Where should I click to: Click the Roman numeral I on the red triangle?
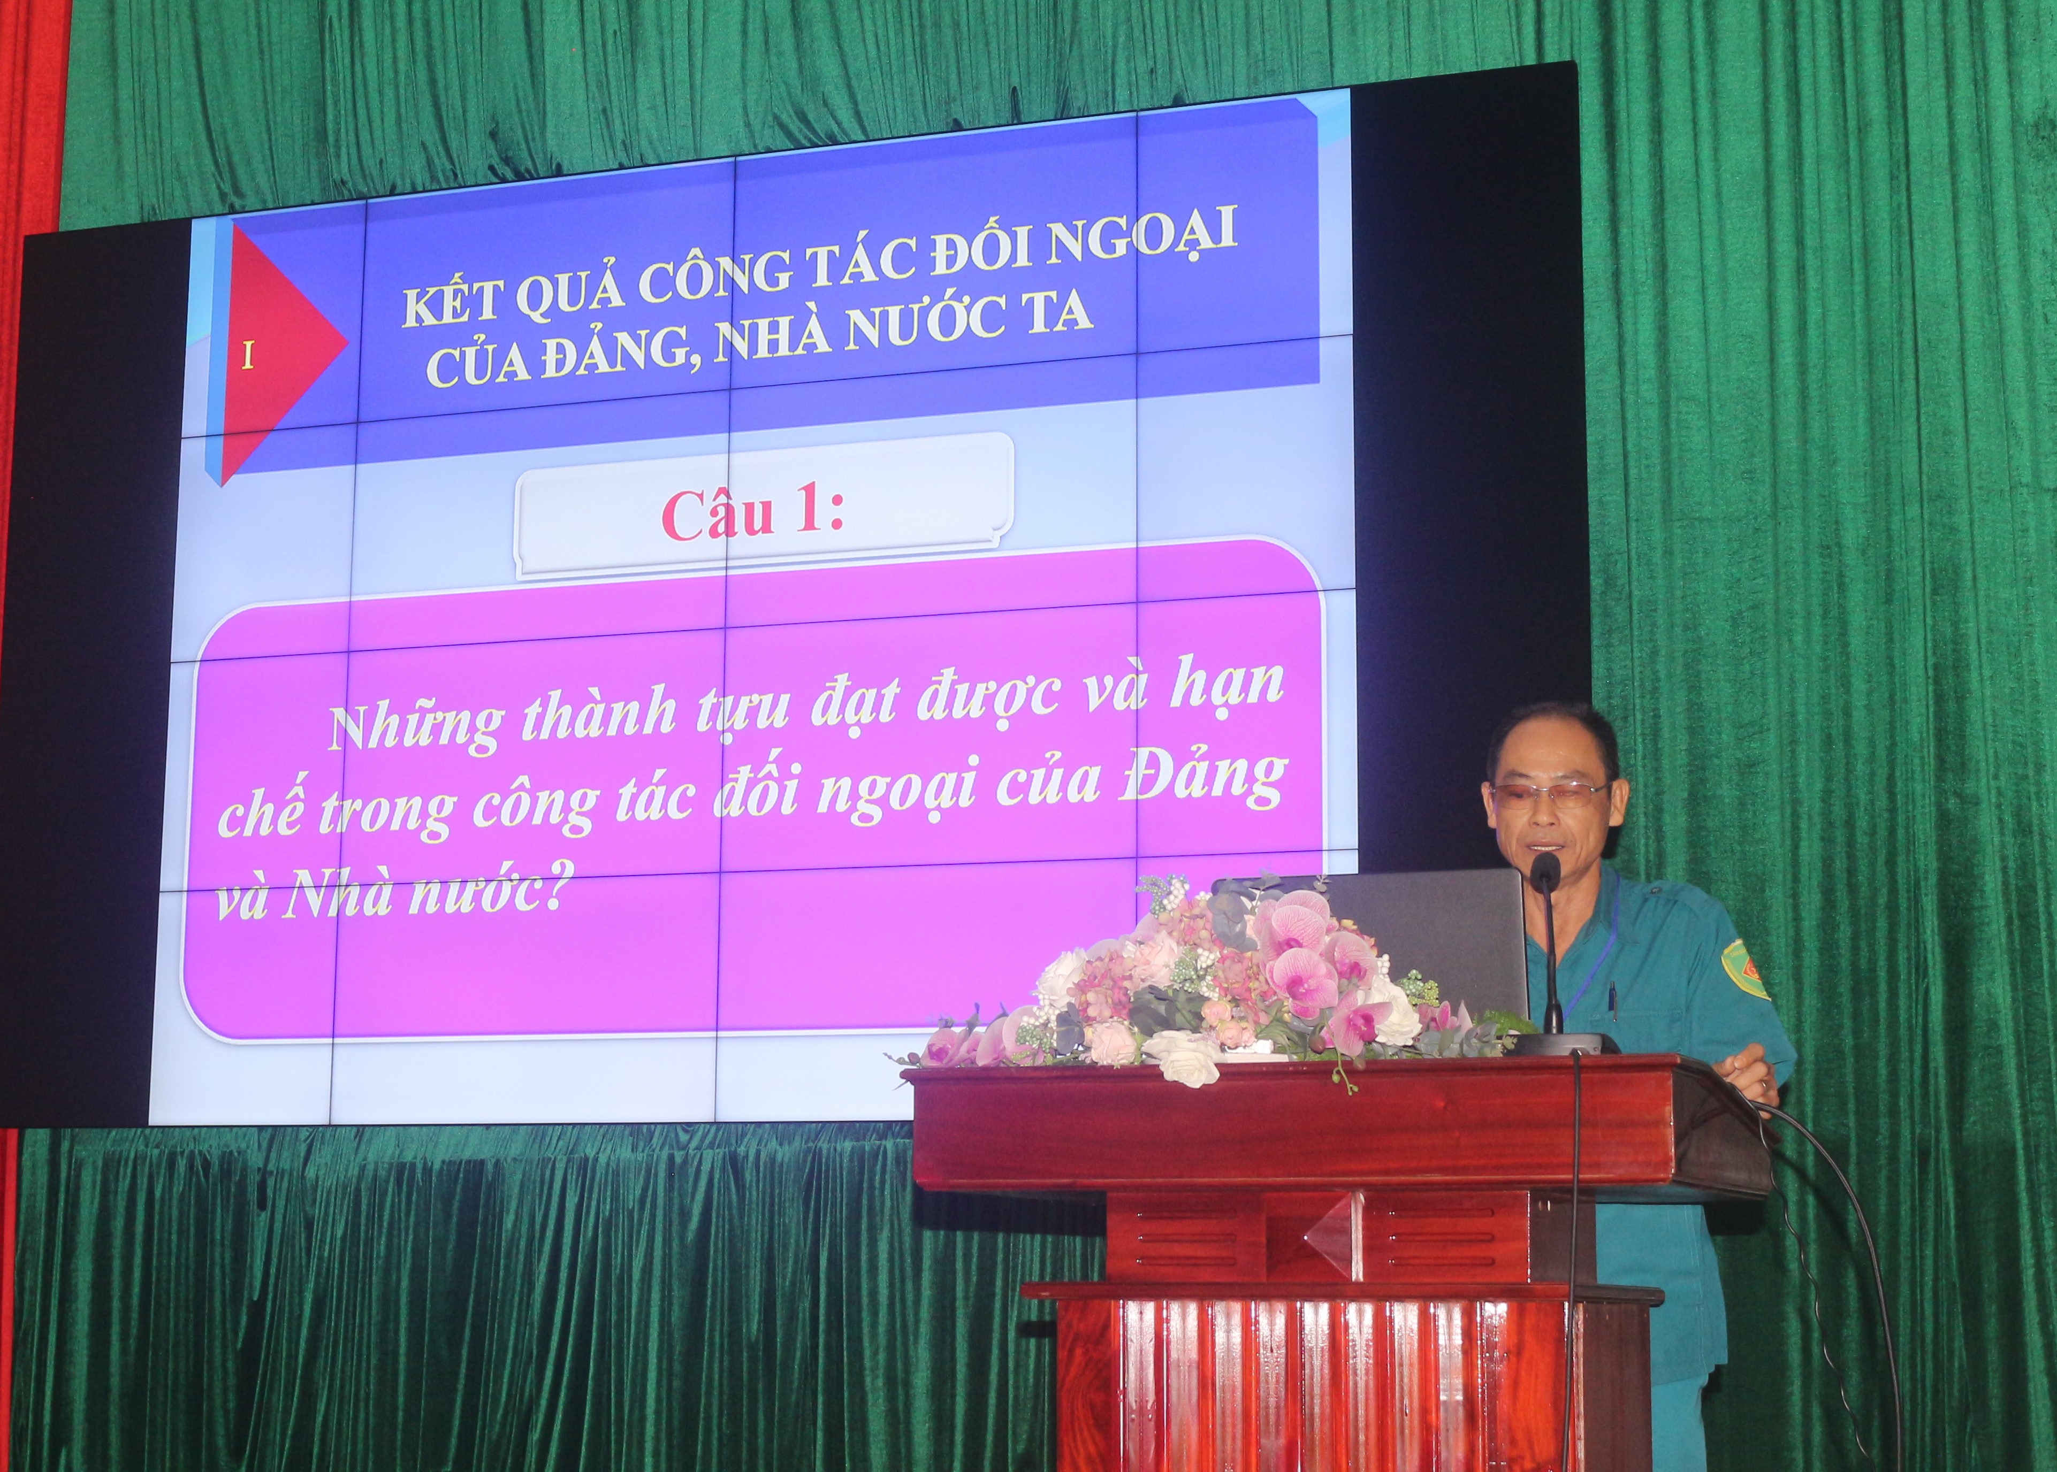point(247,357)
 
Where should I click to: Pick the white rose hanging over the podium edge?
point(1187,1059)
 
